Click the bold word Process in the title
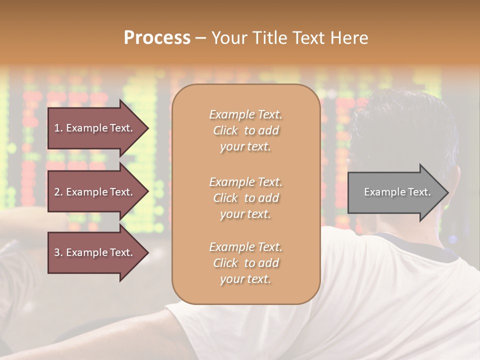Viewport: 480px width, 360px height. coord(157,38)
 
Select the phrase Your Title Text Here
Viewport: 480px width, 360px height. coord(289,38)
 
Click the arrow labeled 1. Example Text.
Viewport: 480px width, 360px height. coord(95,128)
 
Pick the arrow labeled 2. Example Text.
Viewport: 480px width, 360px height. coord(95,192)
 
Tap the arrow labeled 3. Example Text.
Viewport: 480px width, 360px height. coord(95,252)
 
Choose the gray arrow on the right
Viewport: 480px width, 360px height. coord(395,192)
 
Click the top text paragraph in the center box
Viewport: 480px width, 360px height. coord(245,130)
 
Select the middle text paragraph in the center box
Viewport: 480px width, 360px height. coord(245,198)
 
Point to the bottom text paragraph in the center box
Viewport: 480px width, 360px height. coord(245,263)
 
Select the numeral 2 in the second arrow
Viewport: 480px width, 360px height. coord(57,192)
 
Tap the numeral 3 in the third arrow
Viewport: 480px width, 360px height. coord(57,252)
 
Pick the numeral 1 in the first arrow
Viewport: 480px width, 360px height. coord(57,128)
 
